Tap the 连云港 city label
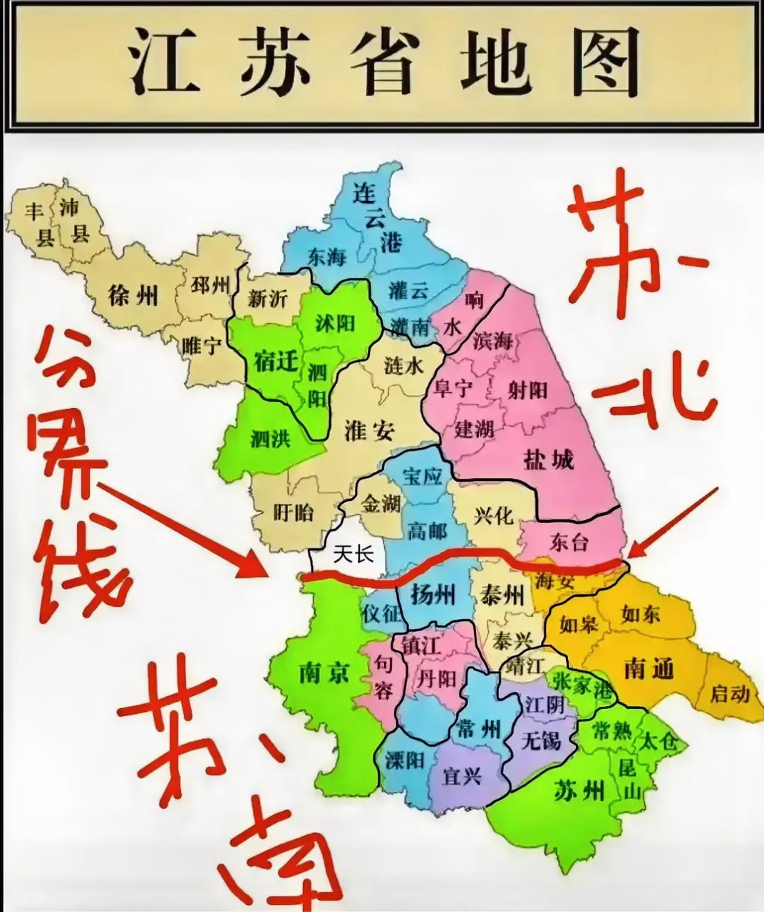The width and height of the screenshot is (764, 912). [x=376, y=217]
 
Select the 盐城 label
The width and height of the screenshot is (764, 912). [x=548, y=460]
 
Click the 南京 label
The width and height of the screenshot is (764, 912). [x=324, y=670]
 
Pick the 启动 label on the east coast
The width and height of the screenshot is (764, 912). [x=730, y=693]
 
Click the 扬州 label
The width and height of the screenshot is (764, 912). [x=433, y=593]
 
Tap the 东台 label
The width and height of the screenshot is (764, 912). [x=570, y=542]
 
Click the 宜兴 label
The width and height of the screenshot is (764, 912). [x=462, y=775]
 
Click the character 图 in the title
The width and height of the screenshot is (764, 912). [x=606, y=63]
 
